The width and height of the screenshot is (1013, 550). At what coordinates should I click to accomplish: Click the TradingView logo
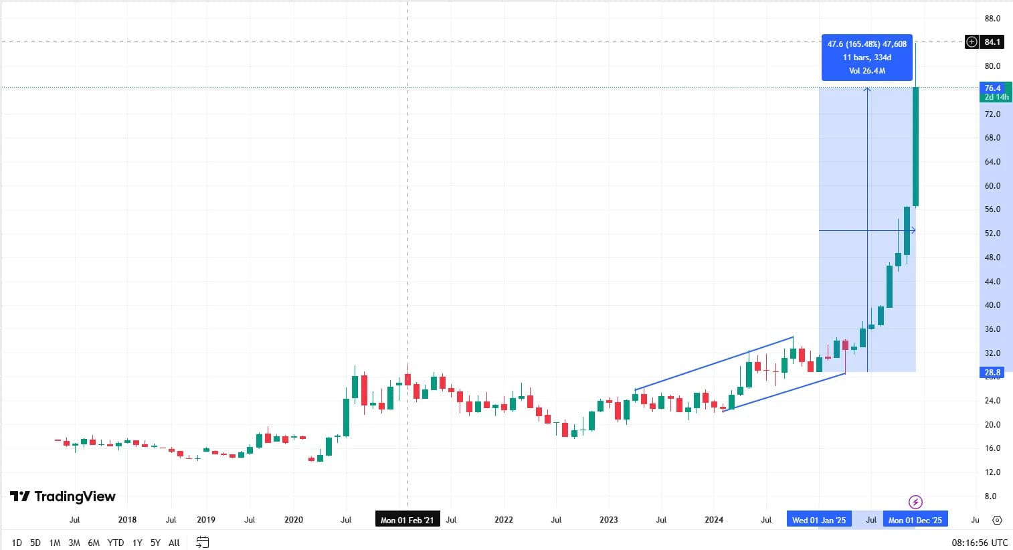(x=62, y=496)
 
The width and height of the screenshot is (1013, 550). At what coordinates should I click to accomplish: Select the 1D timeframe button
(x=17, y=543)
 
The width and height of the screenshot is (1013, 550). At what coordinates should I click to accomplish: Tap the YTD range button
(x=116, y=543)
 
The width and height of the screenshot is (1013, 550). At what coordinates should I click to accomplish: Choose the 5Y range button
(x=155, y=543)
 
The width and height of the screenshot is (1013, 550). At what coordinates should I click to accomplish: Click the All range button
(x=174, y=543)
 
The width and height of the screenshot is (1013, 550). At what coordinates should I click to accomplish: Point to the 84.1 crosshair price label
(x=992, y=42)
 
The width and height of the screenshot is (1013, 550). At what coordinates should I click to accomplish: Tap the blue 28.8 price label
(x=992, y=372)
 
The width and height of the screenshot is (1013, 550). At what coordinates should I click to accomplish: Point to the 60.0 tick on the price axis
(x=992, y=186)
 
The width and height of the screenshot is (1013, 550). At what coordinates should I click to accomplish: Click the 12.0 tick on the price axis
(x=992, y=472)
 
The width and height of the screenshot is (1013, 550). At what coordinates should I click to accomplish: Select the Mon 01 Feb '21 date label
(x=407, y=520)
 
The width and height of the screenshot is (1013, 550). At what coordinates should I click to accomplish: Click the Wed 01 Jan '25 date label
(x=819, y=520)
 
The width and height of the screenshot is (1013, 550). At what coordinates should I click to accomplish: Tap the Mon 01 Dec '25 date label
(x=915, y=520)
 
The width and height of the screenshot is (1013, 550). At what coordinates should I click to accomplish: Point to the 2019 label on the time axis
(x=206, y=520)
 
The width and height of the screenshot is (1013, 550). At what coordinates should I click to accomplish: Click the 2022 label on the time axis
(x=503, y=520)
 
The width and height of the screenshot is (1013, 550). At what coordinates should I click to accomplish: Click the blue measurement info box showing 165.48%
(x=866, y=58)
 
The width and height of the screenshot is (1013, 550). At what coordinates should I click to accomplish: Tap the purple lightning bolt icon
(x=915, y=502)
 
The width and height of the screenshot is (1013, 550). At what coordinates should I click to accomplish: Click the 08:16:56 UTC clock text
(x=980, y=543)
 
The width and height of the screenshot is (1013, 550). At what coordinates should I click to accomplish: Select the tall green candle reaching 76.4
(x=916, y=147)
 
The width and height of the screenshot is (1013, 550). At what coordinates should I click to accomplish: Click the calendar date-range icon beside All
(x=202, y=543)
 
